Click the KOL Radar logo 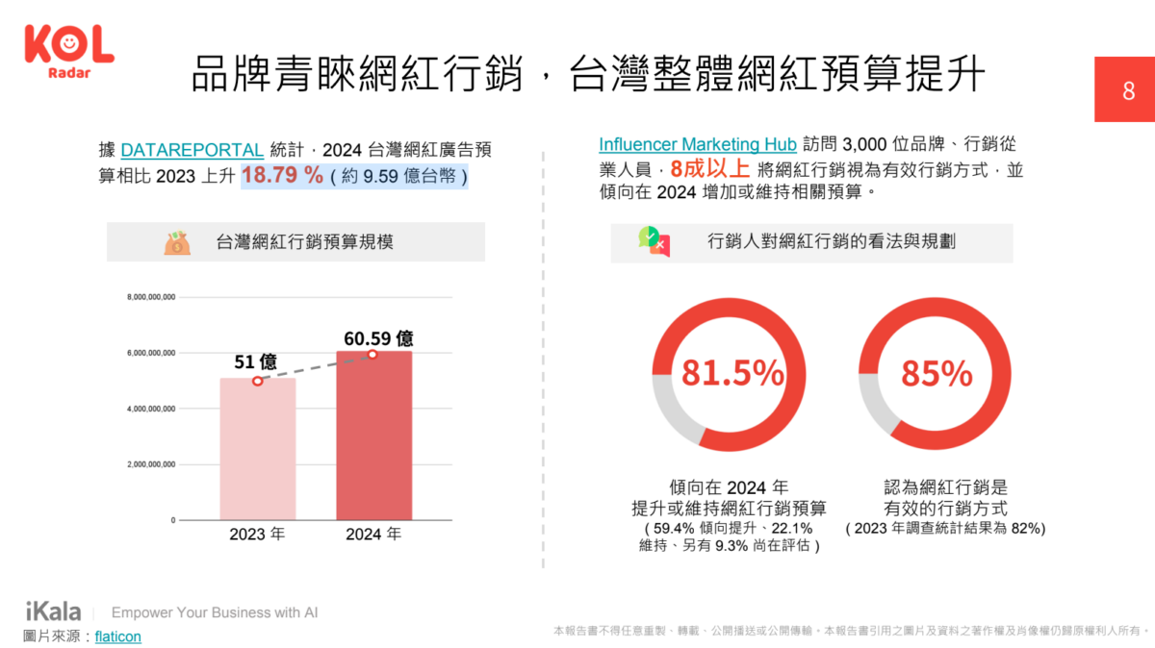tap(68, 52)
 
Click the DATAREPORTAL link tap(192, 150)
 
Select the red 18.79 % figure tap(282, 175)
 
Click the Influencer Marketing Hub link tap(698, 145)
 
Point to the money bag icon tap(177, 243)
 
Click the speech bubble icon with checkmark tap(654, 242)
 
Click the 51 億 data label tap(256, 362)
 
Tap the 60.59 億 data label tap(379, 338)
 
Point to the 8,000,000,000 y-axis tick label tap(151, 297)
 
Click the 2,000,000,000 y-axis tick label tap(151, 464)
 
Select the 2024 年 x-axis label tap(373, 535)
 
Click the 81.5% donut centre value tap(732, 374)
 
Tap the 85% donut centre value tap(937, 374)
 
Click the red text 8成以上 tap(710, 169)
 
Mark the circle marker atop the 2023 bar tap(257, 381)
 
